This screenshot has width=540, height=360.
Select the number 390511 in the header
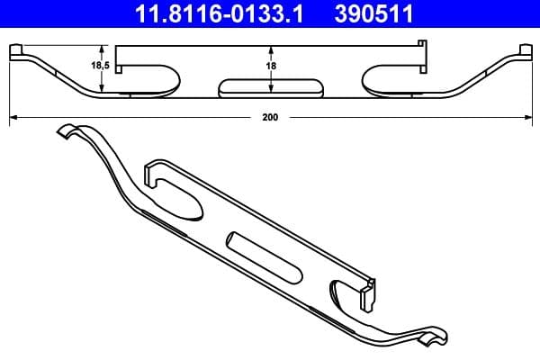pos(391,14)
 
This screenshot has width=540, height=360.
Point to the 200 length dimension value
pos(269,116)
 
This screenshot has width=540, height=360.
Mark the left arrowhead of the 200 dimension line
pos(13,117)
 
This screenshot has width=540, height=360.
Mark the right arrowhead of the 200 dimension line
pos(528,117)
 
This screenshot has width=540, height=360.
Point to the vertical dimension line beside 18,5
pos(106,67)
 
